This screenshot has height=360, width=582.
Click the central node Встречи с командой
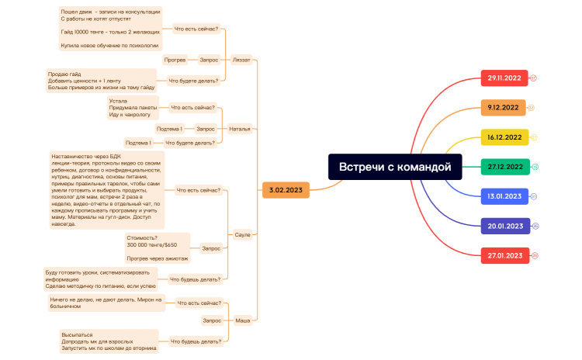click(x=394, y=166)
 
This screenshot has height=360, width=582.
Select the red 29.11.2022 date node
click(x=504, y=78)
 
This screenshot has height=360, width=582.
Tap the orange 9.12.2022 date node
click(x=504, y=108)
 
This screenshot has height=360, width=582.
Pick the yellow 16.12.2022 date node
click(x=504, y=137)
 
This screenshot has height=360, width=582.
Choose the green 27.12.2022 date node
click(x=504, y=167)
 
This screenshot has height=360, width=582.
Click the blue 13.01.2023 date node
click(x=504, y=196)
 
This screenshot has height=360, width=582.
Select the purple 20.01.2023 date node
click(x=504, y=226)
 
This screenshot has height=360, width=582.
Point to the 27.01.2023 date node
click(x=504, y=255)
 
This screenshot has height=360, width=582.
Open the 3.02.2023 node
click(x=286, y=189)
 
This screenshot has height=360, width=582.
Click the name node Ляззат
click(x=241, y=59)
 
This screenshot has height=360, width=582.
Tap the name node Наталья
click(x=240, y=129)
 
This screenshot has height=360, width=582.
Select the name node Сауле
click(x=242, y=234)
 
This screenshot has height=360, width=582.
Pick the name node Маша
click(x=242, y=320)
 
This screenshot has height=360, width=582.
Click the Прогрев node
click(x=175, y=59)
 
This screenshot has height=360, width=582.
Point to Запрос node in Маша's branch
click(x=212, y=320)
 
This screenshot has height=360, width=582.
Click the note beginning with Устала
click(x=133, y=108)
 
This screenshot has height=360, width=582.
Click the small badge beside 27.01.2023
click(x=535, y=255)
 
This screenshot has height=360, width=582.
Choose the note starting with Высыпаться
click(x=109, y=341)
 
